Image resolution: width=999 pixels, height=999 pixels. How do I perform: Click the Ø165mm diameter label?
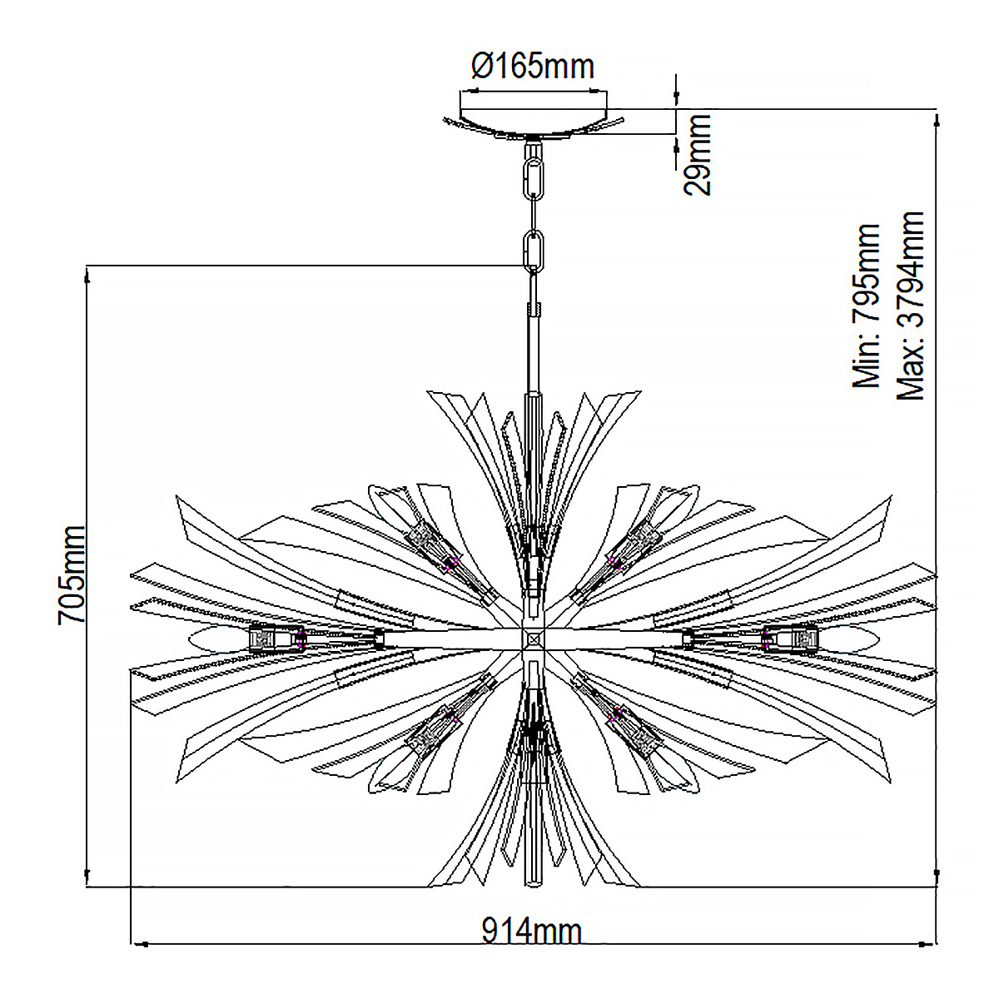coord(533,67)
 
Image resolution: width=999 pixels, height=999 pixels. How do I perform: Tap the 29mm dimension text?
coord(696,155)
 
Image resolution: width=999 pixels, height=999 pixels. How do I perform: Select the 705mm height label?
coord(72,575)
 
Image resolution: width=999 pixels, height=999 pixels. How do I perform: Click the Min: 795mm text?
coord(867,306)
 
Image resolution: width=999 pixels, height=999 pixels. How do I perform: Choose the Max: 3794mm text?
coord(911,306)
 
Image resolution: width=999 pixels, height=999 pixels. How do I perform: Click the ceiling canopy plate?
coord(534,123)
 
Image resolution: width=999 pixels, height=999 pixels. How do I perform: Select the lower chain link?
coord(534,251)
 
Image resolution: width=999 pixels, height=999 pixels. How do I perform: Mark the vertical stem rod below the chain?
coord(534,352)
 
